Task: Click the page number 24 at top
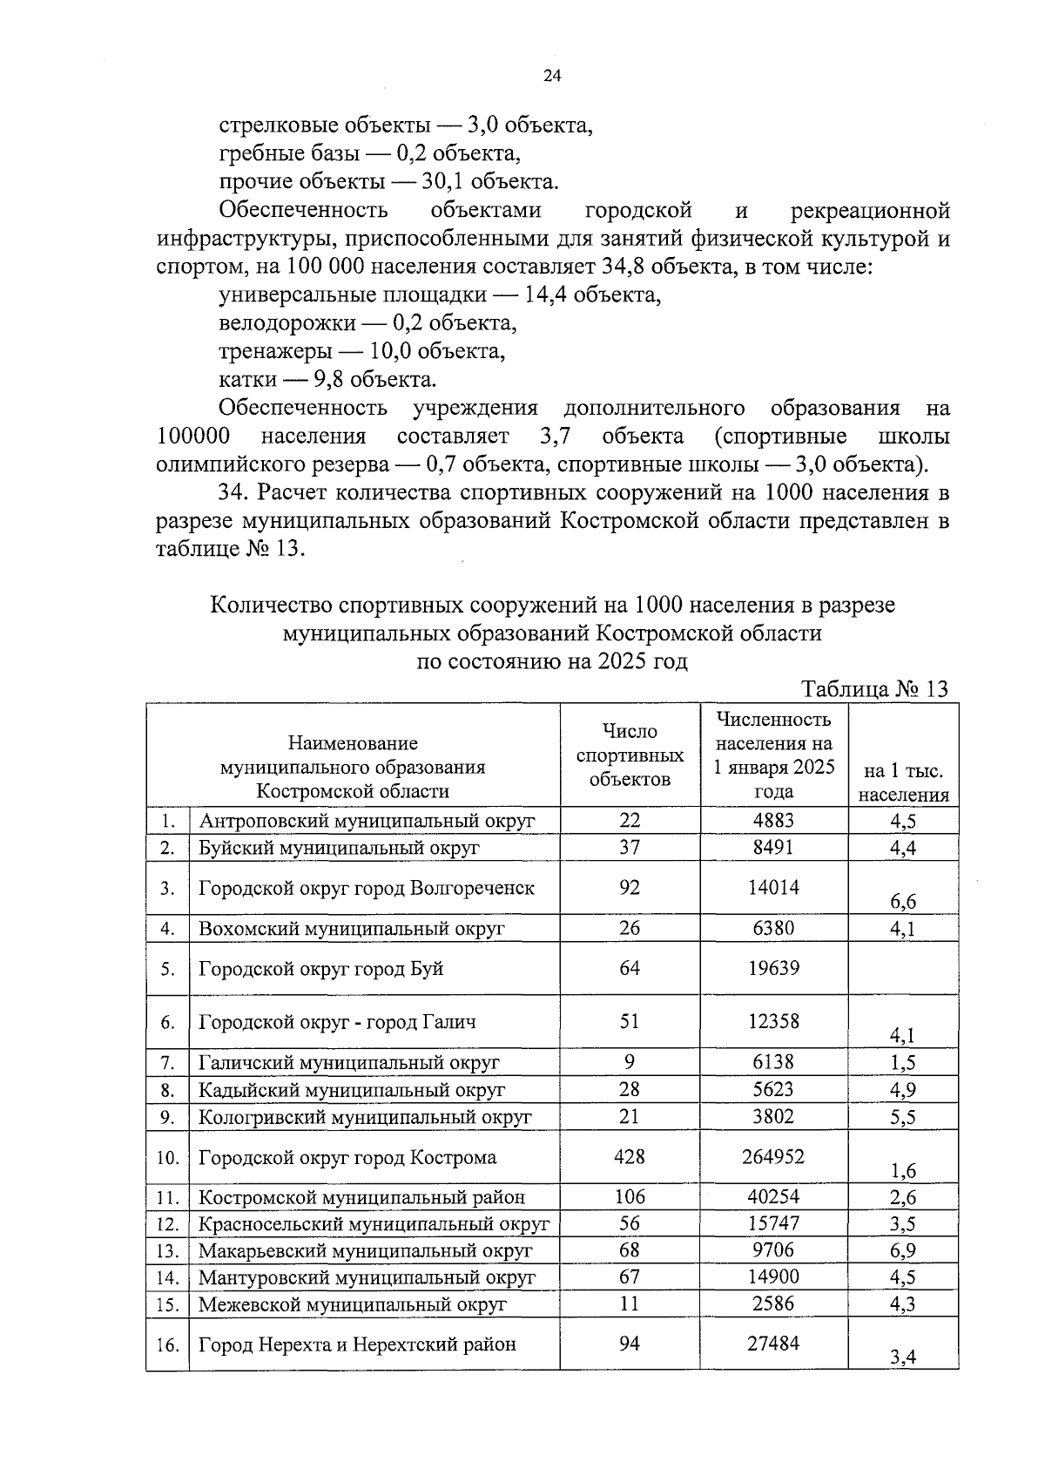(x=552, y=76)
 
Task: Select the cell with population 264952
(x=773, y=1156)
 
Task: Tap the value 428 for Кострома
(x=630, y=1156)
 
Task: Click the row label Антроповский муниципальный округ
(x=367, y=821)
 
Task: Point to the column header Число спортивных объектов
(x=630, y=755)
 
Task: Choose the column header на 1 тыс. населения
(x=903, y=782)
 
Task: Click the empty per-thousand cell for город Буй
(x=903, y=969)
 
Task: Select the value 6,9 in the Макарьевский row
(x=903, y=1250)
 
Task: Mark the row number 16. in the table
(x=168, y=1344)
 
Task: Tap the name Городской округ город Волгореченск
(x=367, y=888)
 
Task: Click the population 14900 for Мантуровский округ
(x=773, y=1277)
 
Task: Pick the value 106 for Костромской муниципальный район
(x=630, y=1197)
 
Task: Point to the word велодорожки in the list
(x=287, y=323)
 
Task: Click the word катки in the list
(x=247, y=380)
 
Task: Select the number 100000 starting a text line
(x=193, y=437)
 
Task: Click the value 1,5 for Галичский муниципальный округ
(x=903, y=1062)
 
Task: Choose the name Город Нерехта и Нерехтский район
(x=357, y=1344)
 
